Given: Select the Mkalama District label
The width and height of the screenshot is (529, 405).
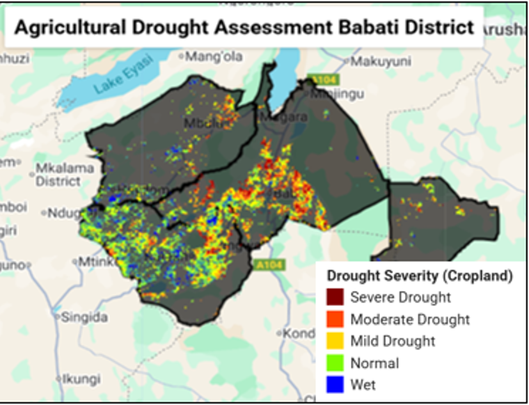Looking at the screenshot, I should (58, 175).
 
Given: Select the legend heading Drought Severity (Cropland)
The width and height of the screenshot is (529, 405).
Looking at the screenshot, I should (420, 276).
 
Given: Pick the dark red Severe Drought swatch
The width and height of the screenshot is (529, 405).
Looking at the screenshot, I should (335, 297).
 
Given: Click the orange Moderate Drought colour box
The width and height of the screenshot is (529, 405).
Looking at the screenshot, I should (335, 319).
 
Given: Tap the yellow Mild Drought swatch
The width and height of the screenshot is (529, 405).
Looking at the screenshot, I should (335, 341).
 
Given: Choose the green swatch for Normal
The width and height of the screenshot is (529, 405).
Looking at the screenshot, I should (335, 363).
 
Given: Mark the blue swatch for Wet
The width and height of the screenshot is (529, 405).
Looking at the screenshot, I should (335, 384).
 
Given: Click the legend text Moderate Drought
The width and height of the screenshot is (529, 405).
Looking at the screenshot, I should (410, 319).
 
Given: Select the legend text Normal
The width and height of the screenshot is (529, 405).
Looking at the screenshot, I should (374, 363).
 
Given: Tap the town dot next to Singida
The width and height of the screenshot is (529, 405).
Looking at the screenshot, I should (58, 317).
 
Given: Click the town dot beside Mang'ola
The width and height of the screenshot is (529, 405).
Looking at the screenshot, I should (182, 56).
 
